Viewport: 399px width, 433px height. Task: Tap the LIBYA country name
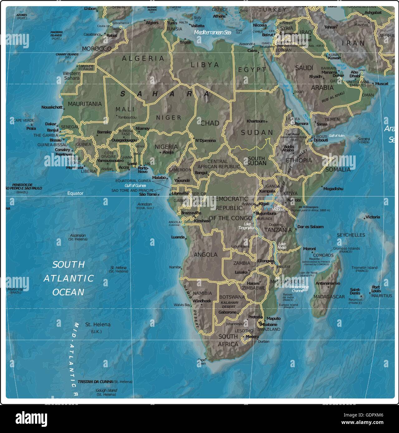point(205,65)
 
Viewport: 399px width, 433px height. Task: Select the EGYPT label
point(252,70)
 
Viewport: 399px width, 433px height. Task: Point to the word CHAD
point(209,123)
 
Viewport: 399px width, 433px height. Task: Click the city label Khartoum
point(256,121)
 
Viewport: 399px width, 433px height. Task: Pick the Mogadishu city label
point(333,188)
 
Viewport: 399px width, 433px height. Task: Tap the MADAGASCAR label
point(329,297)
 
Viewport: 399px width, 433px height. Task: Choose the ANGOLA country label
point(205,255)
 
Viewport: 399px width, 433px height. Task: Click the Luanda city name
point(178,237)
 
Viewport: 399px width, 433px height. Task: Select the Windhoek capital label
point(202,301)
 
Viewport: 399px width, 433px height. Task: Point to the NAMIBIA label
point(202,293)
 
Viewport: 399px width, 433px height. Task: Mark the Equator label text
point(75,193)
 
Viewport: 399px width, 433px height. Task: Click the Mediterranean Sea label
point(212,32)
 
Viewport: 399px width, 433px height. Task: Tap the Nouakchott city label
point(52,107)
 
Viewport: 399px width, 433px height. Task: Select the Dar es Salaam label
point(310,227)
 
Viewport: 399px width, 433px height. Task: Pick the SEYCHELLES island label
point(350,235)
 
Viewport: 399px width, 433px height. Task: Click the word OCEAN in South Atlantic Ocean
point(68,292)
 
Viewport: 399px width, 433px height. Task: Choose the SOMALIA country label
point(338,169)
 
